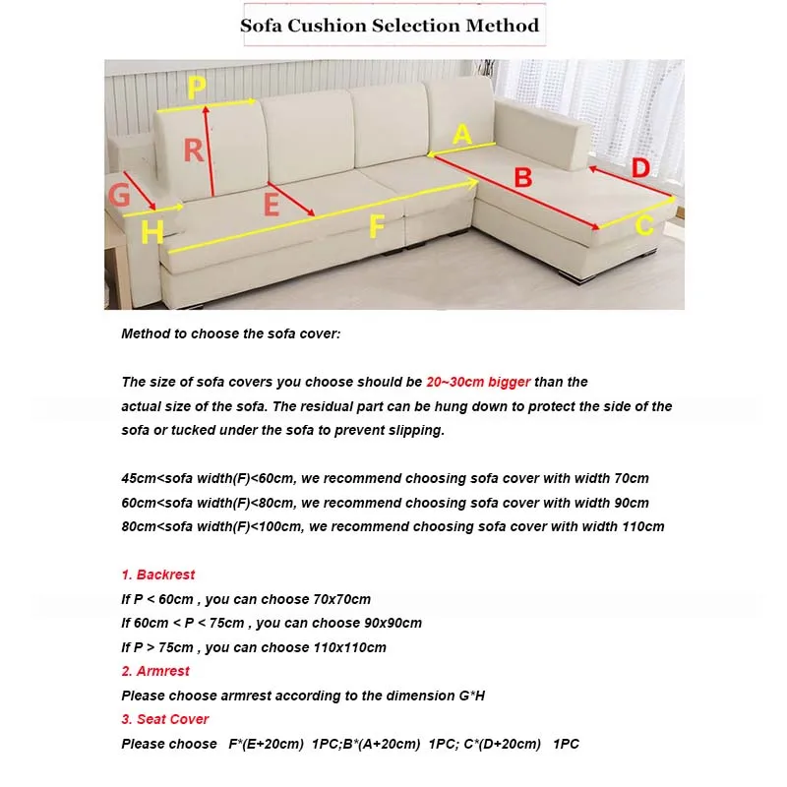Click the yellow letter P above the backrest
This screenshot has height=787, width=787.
(197, 87)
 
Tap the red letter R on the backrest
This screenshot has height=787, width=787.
(193, 151)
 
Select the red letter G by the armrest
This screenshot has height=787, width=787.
(119, 195)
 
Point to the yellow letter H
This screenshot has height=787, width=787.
(152, 232)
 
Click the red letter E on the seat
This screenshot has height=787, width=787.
(272, 204)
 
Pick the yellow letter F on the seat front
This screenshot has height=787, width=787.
(376, 226)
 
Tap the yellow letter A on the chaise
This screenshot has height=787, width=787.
(461, 134)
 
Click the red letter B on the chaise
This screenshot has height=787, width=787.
(523, 178)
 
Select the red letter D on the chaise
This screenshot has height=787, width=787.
(640, 168)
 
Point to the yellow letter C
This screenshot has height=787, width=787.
(643, 226)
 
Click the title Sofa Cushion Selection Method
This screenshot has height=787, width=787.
(390, 26)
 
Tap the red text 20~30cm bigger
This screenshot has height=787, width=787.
(478, 382)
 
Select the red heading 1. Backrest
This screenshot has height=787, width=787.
(158, 575)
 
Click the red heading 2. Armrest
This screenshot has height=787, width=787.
(155, 671)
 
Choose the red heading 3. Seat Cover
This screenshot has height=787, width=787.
(165, 719)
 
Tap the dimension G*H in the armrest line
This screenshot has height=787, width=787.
(471, 696)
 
